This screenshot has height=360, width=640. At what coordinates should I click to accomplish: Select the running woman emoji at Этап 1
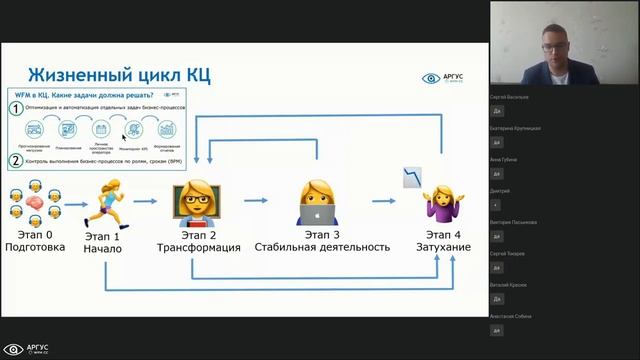104,199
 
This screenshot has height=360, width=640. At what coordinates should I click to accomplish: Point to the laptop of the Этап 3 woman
318,214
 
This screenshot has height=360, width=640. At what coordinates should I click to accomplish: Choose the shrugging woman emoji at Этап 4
440,205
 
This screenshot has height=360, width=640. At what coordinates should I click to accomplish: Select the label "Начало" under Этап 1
103,249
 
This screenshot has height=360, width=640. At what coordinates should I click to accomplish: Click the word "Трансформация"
198,247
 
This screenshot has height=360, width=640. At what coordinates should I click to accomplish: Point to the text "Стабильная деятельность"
321,247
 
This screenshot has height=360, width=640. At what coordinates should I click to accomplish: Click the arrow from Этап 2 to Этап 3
255,201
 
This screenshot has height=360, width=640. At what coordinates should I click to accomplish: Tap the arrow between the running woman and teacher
146,201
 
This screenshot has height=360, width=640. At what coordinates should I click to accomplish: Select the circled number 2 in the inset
16,160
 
